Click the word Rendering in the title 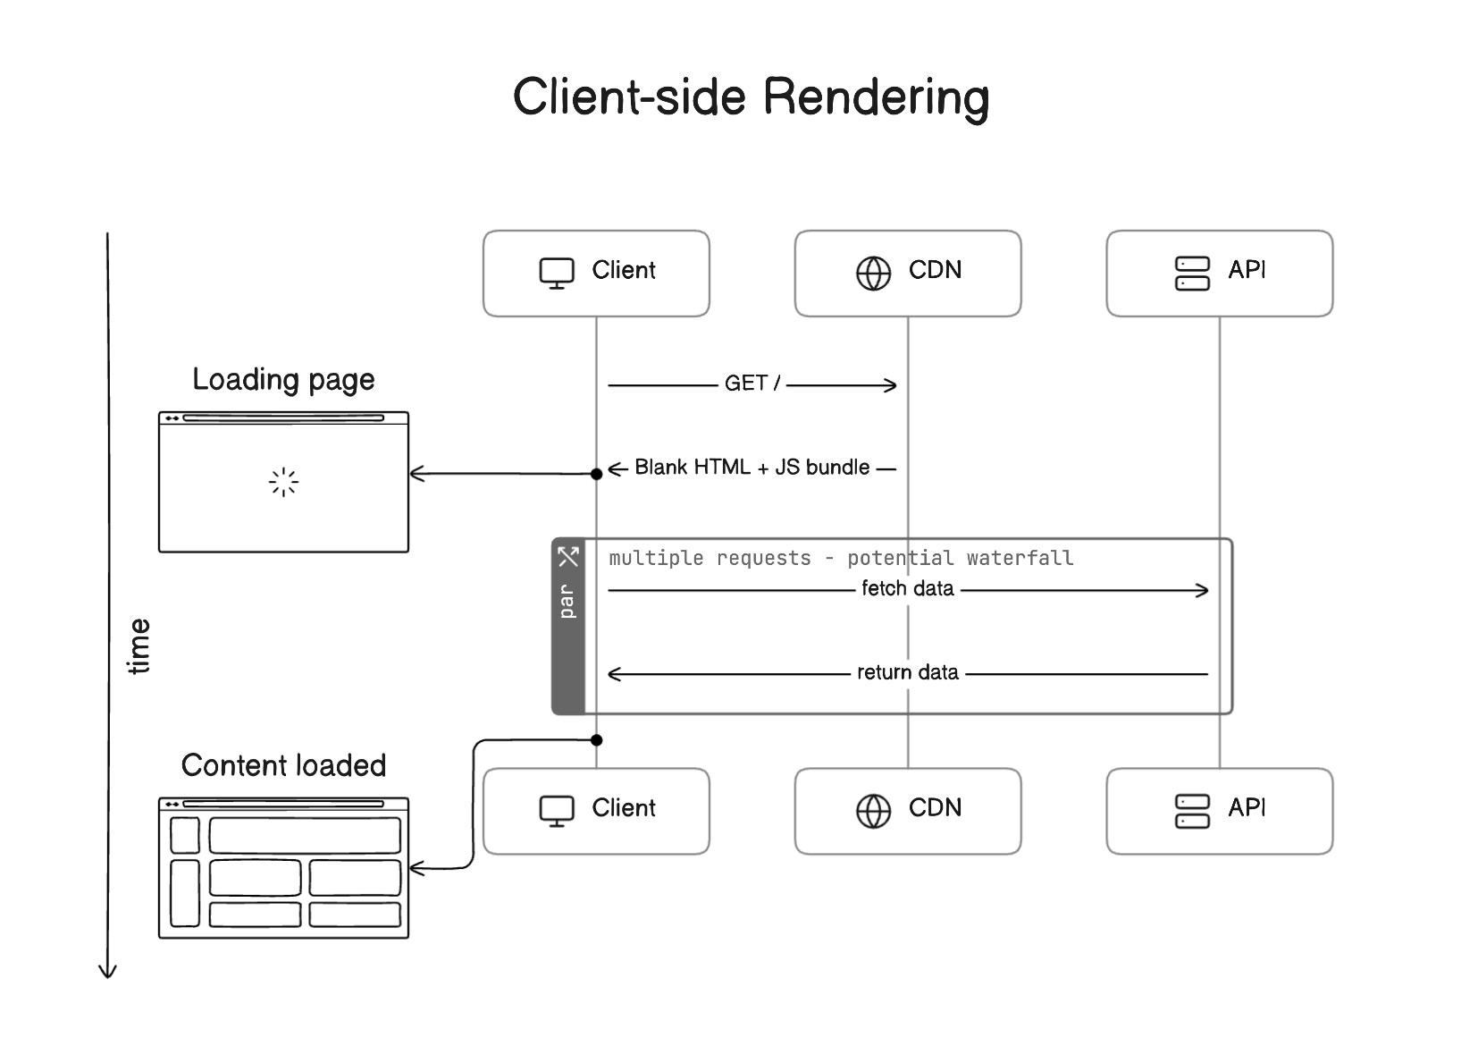click(876, 97)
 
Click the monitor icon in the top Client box click(556, 273)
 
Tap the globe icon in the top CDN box click(873, 273)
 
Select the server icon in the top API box click(1191, 273)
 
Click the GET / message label click(752, 384)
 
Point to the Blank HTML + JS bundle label click(752, 468)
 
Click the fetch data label click(907, 589)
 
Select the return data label click(907, 673)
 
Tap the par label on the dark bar click(567, 602)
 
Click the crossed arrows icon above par click(568, 557)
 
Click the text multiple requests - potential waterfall click(841, 559)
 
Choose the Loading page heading click(283, 380)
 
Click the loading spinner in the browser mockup click(283, 483)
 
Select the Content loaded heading click(283, 766)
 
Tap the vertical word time click(139, 645)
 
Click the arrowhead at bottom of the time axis click(107, 972)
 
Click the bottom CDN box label click(935, 808)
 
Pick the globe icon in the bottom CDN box click(873, 811)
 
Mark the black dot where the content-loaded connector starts click(597, 740)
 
